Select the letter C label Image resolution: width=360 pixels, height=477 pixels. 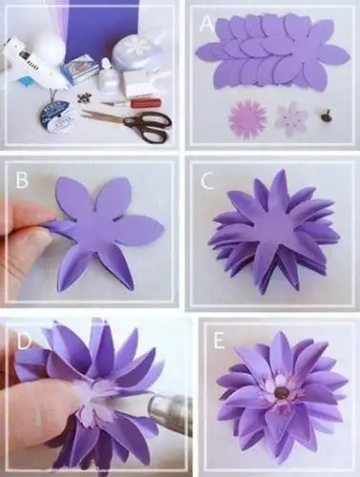[x=206, y=177]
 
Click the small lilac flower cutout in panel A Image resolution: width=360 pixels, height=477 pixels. [x=291, y=118]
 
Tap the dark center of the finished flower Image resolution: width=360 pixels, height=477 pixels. [x=281, y=390]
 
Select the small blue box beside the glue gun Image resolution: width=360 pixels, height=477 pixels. [x=77, y=69]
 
